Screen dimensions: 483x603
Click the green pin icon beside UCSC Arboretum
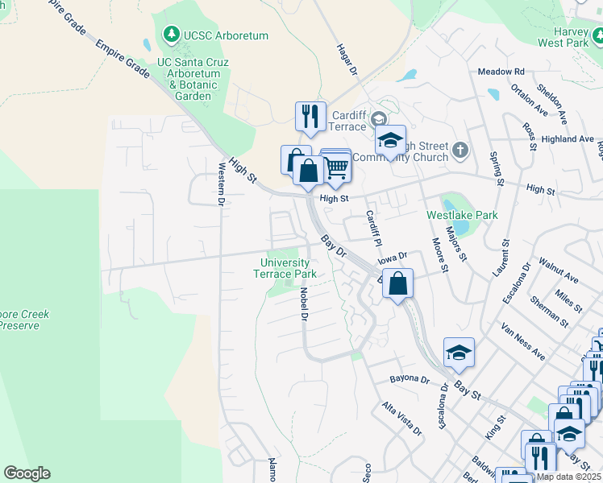[x=170, y=35]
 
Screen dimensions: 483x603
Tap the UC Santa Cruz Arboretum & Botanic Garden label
[x=193, y=79]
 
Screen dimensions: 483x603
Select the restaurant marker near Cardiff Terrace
[x=310, y=116]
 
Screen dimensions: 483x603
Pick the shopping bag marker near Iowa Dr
[x=397, y=283]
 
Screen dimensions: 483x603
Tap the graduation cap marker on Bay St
[x=459, y=352]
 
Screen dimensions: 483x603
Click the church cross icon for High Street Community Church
[x=460, y=149]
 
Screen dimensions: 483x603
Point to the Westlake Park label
[x=462, y=215]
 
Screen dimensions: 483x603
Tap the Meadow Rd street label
[x=501, y=72]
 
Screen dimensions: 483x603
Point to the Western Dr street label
[x=221, y=184]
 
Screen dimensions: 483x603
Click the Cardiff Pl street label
[x=372, y=229]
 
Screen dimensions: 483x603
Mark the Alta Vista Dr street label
[x=401, y=419]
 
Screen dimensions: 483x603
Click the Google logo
[x=27, y=473]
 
